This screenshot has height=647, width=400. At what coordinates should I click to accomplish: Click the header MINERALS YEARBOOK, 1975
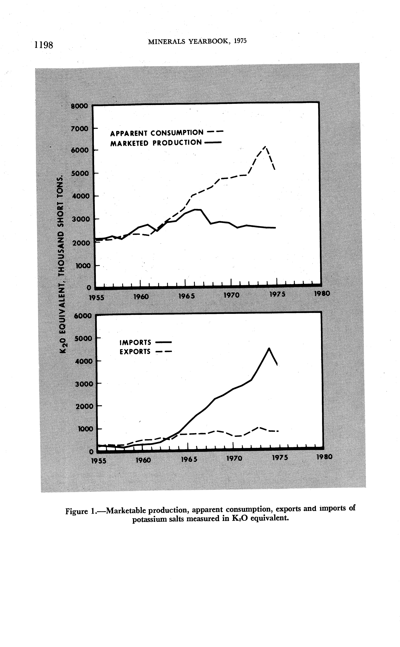197,41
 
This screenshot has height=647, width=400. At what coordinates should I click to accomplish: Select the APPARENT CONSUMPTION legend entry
157,133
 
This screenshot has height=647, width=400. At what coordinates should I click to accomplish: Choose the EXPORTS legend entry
135,352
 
